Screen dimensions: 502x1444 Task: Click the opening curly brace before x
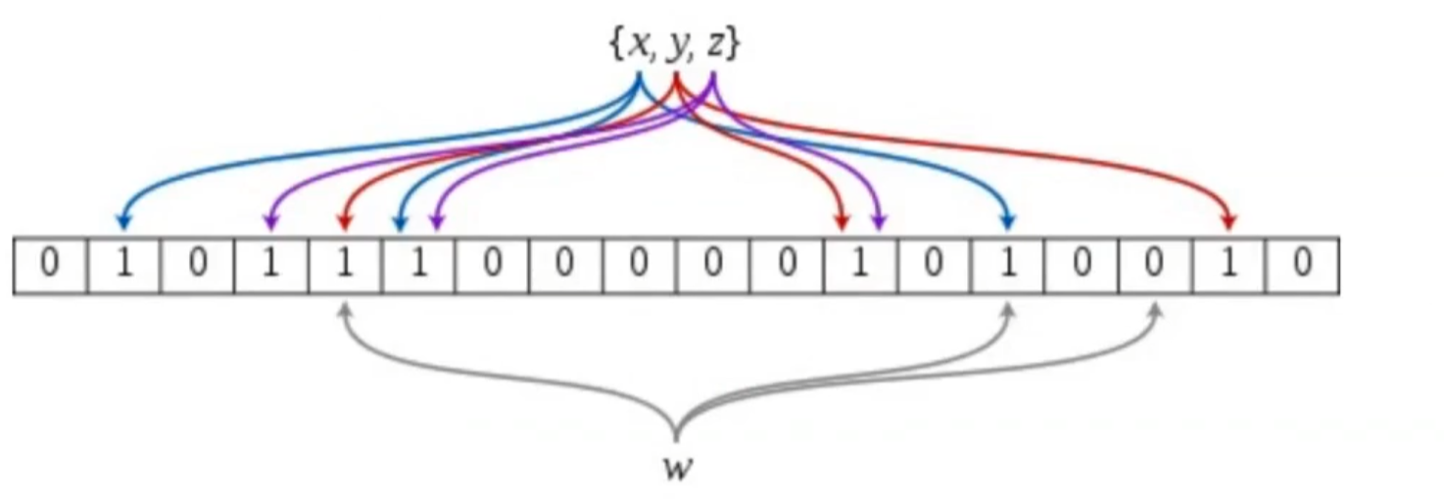[x=616, y=45]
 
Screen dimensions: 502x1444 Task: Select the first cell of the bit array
[x=50, y=266]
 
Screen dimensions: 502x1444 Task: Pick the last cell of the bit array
[x=1301, y=266]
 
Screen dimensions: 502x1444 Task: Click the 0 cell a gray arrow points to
[x=1154, y=266]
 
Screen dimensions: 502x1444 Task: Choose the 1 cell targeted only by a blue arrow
[x=124, y=266]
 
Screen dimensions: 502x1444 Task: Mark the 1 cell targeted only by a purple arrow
[x=271, y=266]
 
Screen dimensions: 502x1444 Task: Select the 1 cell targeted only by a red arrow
[x=1227, y=266]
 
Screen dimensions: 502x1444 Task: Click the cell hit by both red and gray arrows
[x=345, y=266]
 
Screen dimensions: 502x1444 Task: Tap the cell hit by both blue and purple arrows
[x=418, y=266]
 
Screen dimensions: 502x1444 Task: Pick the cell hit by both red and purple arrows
[x=860, y=266]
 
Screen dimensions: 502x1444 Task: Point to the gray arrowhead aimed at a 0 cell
[x=1155, y=311]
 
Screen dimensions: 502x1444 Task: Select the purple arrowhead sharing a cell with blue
[x=437, y=224]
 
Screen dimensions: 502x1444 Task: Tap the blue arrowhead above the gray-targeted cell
[x=1009, y=224]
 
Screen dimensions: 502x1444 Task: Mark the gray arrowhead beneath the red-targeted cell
[x=345, y=311]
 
